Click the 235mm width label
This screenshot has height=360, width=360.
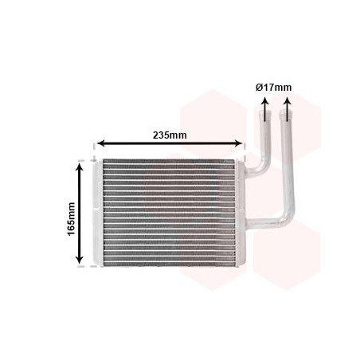click(x=169, y=135)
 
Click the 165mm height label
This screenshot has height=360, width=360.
click(x=71, y=212)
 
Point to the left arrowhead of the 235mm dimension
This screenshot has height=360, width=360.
click(x=99, y=145)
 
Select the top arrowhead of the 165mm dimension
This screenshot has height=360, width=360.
click(x=80, y=164)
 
